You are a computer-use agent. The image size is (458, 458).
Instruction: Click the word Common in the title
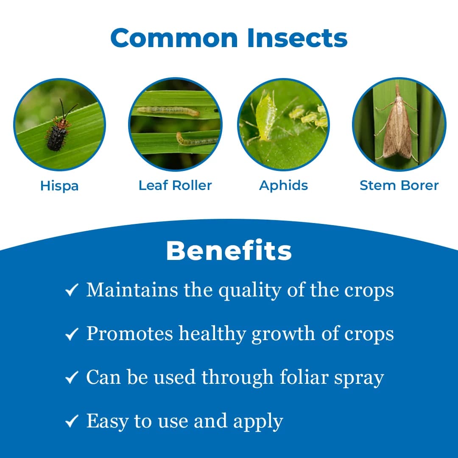(175, 38)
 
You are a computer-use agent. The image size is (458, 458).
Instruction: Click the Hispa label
(59, 186)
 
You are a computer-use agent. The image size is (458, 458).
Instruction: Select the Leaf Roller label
(175, 185)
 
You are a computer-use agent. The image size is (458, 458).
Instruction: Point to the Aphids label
(284, 185)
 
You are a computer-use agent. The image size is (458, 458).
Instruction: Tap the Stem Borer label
(399, 185)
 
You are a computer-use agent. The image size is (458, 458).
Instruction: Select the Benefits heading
(229, 251)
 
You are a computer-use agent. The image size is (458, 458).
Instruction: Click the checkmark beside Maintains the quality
(71, 291)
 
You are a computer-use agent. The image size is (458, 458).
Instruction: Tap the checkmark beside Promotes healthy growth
(71, 335)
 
